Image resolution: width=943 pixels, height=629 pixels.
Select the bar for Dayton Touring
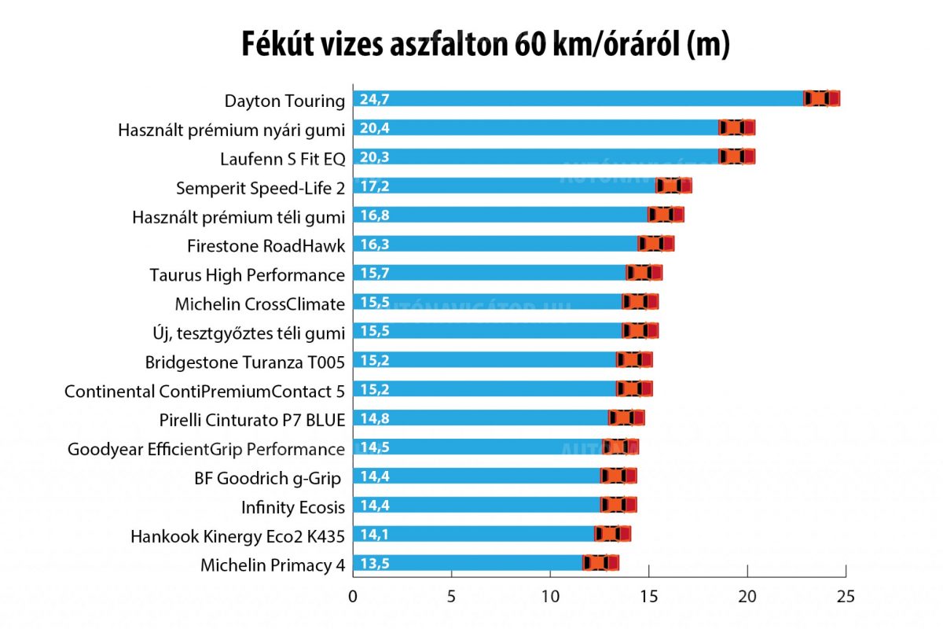click(582, 98)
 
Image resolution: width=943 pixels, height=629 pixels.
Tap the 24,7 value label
click(375, 99)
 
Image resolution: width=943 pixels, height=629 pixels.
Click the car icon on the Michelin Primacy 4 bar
click(601, 563)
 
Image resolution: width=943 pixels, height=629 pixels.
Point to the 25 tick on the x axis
click(846, 596)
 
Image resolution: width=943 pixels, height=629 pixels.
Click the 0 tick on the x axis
click(354, 596)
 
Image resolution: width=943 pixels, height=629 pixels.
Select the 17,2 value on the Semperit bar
click(375, 186)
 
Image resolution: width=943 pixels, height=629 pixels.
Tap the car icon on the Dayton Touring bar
click(822, 98)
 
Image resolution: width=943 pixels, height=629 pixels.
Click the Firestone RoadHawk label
click(266, 246)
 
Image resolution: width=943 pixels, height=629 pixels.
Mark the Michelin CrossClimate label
click(259, 304)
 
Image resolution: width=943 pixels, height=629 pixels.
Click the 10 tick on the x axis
click(550, 596)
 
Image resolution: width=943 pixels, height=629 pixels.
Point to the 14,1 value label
click(375, 535)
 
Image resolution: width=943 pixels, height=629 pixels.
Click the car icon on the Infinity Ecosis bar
click(618, 505)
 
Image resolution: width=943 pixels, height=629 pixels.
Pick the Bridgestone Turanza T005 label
click(244, 362)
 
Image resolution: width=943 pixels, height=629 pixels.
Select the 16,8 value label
click(375, 215)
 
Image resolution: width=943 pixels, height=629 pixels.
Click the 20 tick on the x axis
click(747, 596)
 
